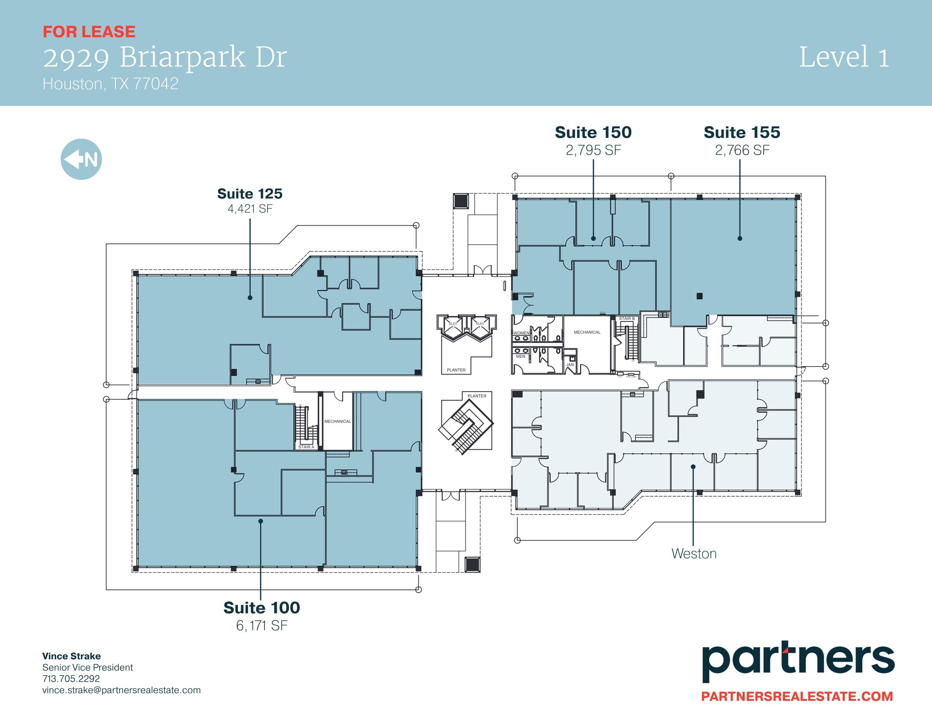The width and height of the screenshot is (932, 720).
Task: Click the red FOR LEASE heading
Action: tap(89, 32)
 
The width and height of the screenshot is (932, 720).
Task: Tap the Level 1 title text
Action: tap(844, 58)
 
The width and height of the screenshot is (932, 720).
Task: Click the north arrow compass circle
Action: tap(81, 159)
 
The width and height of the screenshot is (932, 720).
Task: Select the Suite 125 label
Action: tap(250, 194)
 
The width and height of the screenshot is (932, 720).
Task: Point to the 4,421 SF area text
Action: tap(250, 209)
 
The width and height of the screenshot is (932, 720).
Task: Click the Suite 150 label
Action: tap(593, 132)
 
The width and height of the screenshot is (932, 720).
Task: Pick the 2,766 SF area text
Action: tap(742, 150)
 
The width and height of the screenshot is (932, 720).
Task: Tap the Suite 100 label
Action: tap(262, 608)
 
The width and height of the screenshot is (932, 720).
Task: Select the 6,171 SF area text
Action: tap(262, 626)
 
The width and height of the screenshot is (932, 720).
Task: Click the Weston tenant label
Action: tap(694, 554)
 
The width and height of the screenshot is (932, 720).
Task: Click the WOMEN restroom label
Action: tap(521, 333)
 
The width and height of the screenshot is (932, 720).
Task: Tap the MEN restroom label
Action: tap(520, 357)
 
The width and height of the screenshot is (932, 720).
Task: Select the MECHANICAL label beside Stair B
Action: tap(587, 332)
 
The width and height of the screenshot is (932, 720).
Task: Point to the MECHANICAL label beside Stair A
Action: tap(338, 422)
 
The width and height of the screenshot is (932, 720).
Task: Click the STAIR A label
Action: tap(306, 447)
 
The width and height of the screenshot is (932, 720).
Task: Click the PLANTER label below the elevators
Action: tap(456, 370)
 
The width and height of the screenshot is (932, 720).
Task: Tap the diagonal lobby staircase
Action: tap(466, 426)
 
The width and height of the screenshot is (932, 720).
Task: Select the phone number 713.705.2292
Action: tap(71, 679)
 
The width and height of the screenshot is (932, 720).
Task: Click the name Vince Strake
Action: tap(71, 656)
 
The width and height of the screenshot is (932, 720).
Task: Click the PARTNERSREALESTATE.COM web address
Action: tap(797, 696)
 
